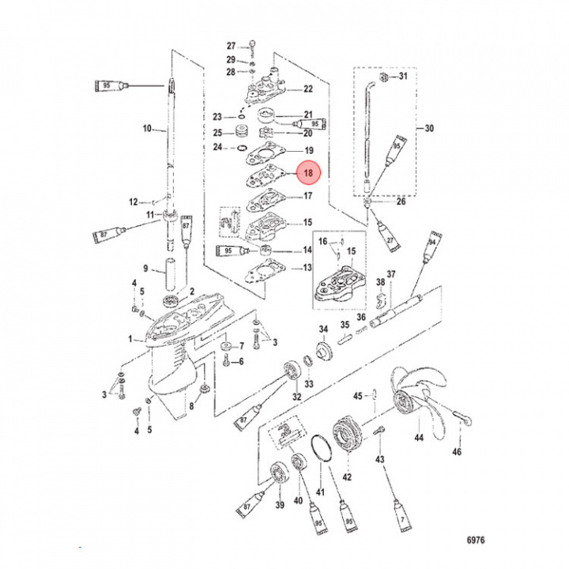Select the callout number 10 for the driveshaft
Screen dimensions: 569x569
point(146,128)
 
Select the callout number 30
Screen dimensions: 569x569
point(430,128)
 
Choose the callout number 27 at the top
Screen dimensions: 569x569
point(232,45)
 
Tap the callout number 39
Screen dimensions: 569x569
point(280,506)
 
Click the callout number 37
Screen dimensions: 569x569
point(390,274)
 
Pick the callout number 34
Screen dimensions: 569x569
point(323,329)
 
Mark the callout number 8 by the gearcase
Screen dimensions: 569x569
point(190,408)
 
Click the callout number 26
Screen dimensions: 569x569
point(401,202)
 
